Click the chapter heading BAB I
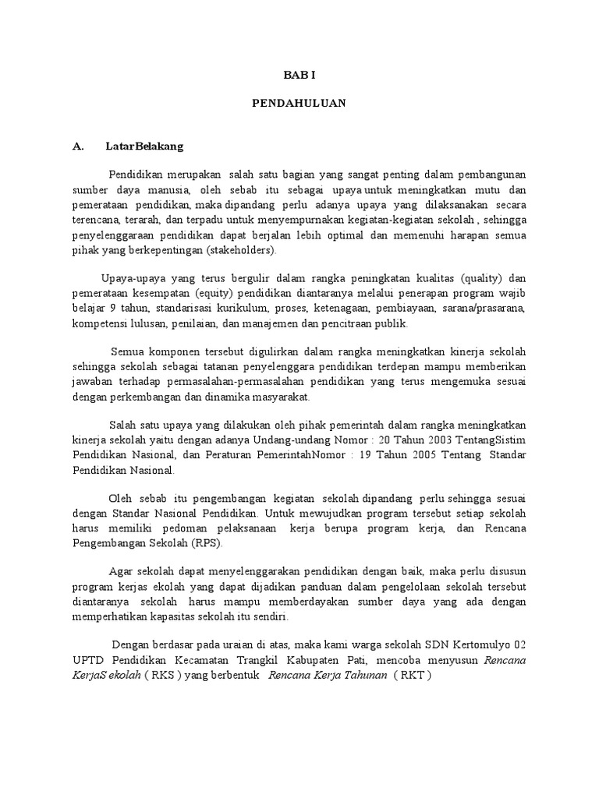299,75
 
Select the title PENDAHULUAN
299,103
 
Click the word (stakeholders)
241,251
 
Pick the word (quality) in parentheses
483,279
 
